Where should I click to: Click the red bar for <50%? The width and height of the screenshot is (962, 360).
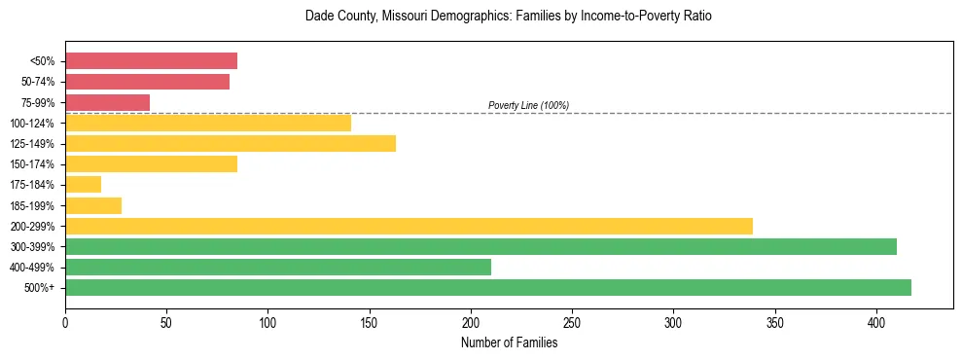(x=151, y=61)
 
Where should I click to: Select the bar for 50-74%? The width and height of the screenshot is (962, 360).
(x=147, y=82)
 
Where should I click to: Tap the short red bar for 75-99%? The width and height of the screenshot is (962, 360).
(x=107, y=102)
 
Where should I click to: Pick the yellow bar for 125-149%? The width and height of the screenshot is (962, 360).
(x=231, y=144)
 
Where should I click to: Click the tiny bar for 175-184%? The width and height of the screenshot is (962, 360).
(x=83, y=185)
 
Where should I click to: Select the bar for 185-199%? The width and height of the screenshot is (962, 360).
(x=93, y=205)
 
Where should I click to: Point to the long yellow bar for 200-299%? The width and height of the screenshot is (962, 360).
(x=409, y=226)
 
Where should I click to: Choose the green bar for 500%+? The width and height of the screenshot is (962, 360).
(x=488, y=287)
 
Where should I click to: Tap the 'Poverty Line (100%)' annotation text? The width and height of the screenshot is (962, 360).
(x=528, y=105)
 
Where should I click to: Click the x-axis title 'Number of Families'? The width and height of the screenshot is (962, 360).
(x=509, y=342)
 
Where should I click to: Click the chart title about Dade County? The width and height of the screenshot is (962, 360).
(x=509, y=17)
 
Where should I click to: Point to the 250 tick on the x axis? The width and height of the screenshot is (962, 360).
(x=572, y=321)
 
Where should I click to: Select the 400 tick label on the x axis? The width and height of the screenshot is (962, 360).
(x=876, y=321)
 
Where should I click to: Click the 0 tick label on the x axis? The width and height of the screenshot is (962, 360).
(x=65, y=321)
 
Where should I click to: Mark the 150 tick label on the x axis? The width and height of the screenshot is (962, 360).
(x=370, y=321)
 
